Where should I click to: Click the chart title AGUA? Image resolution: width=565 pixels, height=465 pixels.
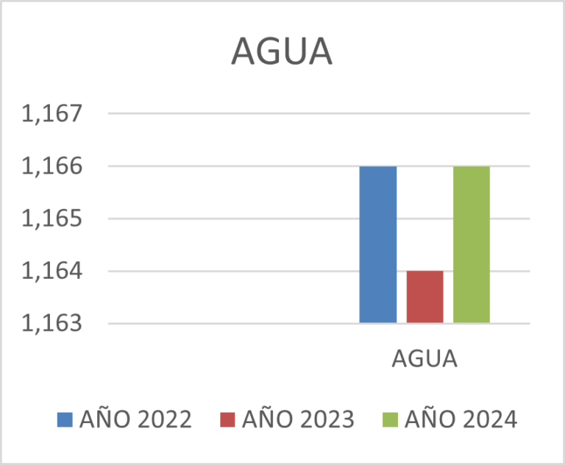point(282,52)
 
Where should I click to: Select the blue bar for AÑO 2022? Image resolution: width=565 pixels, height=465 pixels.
point(377,244)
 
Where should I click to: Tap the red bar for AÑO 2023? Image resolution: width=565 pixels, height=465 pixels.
point(424,297)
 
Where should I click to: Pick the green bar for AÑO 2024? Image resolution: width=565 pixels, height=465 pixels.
point(471,244)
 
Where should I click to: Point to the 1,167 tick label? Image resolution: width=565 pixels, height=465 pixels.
point(51,114)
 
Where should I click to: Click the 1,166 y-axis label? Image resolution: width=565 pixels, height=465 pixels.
point(51,166)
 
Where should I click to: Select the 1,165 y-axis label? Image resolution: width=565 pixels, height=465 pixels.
point(51,219)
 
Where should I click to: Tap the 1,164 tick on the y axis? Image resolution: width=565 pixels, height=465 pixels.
point(51,271)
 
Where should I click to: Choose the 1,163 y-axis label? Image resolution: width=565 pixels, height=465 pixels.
point(51,324)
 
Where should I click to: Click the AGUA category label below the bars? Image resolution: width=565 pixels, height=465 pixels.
point(424,360)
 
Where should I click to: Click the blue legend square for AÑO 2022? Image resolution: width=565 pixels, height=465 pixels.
point(65,419)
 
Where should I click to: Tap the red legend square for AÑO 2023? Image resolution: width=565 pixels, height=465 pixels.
point(228,419)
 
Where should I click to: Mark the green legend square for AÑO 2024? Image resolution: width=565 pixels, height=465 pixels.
point(391,419)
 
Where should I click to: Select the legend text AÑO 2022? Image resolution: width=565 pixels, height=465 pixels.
point(135,419)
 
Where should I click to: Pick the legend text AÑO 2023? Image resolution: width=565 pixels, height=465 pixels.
point(298,419)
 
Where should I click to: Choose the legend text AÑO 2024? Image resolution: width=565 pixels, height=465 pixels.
point(461,419)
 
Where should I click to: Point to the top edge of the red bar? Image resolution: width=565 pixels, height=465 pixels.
point(424,271)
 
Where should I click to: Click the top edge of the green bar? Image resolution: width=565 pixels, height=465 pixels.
point(471,167)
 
